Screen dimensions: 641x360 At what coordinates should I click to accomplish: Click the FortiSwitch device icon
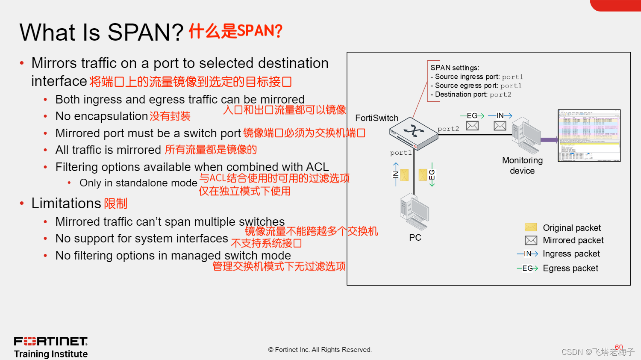[414, 133]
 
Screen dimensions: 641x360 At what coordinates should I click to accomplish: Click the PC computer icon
[415, 212]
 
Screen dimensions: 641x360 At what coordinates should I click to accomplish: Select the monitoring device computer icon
[526, 136]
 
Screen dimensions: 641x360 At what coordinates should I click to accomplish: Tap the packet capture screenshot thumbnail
[589, 136]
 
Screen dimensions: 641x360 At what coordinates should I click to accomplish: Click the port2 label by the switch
[448, 129]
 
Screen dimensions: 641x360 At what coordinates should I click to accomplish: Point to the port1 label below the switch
[401, 153]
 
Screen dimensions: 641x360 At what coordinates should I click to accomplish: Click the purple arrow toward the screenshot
[549, 139]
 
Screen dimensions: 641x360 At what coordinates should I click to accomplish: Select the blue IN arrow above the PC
[396, 174]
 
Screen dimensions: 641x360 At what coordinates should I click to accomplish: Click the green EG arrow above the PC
[432, 174]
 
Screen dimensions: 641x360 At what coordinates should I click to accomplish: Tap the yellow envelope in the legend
[531, 227]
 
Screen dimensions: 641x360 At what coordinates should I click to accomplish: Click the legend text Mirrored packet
[573, 240]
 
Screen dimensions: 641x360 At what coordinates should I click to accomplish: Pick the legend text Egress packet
[570, 268]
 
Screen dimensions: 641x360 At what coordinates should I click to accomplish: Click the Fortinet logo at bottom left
[50, 341]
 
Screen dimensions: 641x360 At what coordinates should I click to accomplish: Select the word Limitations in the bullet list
[66, 203]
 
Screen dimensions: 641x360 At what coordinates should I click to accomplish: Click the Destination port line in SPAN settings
[470, 94]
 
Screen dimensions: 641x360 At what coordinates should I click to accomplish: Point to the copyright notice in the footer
[320, 350]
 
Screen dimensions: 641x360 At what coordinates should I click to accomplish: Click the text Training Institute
[51, 354]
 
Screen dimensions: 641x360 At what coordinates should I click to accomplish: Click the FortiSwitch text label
[376, 118]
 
